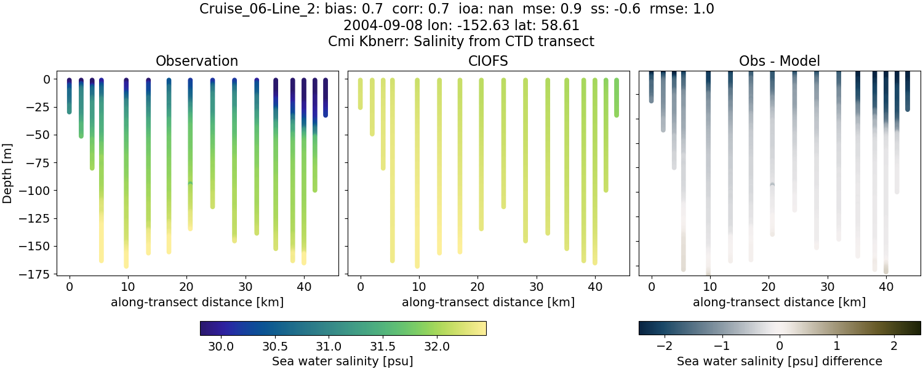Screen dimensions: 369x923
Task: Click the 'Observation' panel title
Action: pos(197,61)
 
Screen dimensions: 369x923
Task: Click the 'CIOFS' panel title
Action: pos(489,61)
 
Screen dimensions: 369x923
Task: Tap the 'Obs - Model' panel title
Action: pos(780,61)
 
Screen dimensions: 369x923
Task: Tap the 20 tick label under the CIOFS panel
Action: pos(477,287)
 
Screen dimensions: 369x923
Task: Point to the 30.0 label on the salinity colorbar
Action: pos(221,346)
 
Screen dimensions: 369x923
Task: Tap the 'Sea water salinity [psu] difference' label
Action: pos(780,361)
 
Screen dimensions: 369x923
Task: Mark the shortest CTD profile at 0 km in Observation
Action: pos(70,96)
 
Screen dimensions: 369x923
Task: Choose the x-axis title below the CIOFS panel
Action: pos(489,302)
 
